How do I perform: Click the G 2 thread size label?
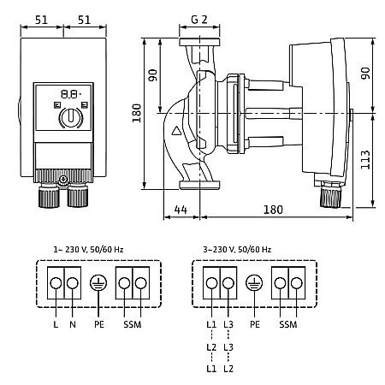pos(199,20)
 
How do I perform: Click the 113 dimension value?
pos(365,160)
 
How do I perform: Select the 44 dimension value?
pos(181,210)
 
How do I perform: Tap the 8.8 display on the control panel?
pos(69,94)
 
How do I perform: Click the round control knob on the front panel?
pos(71,117)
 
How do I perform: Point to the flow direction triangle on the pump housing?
pos(176,131)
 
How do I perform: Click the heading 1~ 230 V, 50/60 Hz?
pos(88,250)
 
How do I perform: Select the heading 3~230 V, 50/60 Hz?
pos(237,250)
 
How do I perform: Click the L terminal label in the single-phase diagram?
pos(56,324)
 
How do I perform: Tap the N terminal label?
pos(73,324)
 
